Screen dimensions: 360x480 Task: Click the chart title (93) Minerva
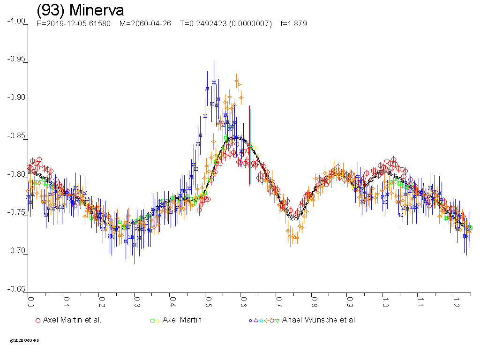[x=80, y=10]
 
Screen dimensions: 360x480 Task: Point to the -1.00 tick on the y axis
[x=17, y=21]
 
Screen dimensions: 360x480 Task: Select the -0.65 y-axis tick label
[x=17, y=289]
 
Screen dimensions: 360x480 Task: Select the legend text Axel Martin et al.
[x=72, y=320]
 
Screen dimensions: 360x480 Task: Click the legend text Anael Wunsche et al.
[x=319, y=320]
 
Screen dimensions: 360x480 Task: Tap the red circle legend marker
[x=38, y=321]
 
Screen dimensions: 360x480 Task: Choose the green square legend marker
[x=152, y=321]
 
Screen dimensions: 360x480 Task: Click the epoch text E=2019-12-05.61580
[x=74, y=23]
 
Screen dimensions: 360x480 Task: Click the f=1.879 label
[x=293, y=23]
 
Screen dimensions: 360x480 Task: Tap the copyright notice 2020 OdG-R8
[x=24, y=340]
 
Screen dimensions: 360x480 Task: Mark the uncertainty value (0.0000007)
[x=250, y=23]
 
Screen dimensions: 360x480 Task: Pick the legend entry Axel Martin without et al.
[x=182, y=320]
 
